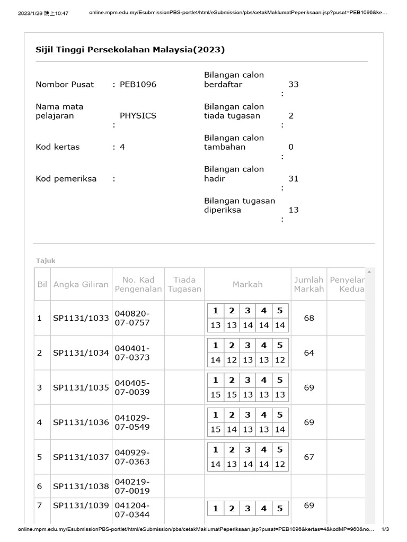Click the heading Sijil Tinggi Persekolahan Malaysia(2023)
(x=130, y=50)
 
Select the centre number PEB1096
(x=138, y=84)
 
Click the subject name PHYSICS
(x=138, y=115)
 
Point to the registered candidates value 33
(x=294, y=84)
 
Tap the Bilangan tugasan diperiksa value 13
(x=294, y=210)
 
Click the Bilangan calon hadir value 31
(x=294, y=178)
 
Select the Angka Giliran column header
(x=81, y=284)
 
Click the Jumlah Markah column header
(x=309, y=284)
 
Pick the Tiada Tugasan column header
(x=184, y=284)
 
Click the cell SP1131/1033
(x=81, y=318)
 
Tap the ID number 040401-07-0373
(x=132, y=353)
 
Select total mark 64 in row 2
(x=309, y=353)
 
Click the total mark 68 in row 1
(x=309, y=318)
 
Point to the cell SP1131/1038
(x=81, y=486)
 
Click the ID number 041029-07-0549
(x=132, y=422)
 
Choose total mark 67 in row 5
(x=309, y=457)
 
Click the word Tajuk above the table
(x=46, y=260)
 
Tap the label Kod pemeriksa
(x=66, y=178)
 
